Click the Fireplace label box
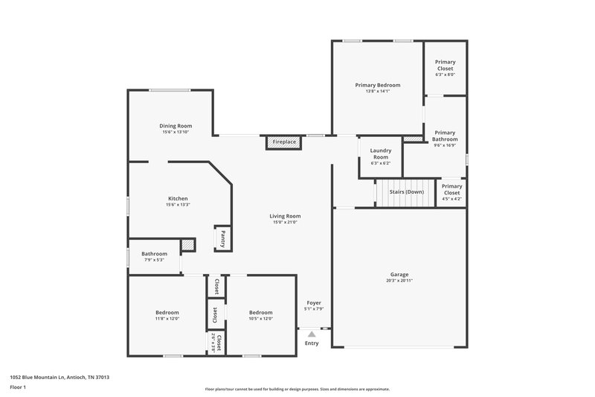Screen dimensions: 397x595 coord(284,142)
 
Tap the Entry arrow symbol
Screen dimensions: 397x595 coord(312,334)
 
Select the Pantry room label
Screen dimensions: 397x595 coord(222,238)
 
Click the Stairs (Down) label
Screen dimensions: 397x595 coord(407,191)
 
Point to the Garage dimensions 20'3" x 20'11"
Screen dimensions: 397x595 coord(399,281)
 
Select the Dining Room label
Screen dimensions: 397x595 coord(176,126)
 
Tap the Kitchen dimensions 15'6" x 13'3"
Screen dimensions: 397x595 coord(178,205)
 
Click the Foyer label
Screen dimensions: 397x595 coord(314,302)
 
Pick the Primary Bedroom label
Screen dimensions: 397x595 coord(377,86)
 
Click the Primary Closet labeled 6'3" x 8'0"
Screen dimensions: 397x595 coord(445,68)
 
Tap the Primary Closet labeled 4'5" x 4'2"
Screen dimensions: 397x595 coord(451,192)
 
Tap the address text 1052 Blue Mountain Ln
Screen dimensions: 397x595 coord(59,377)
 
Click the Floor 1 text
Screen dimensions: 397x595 coord(18,388)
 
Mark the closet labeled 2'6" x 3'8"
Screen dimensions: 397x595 coord(216,342)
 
